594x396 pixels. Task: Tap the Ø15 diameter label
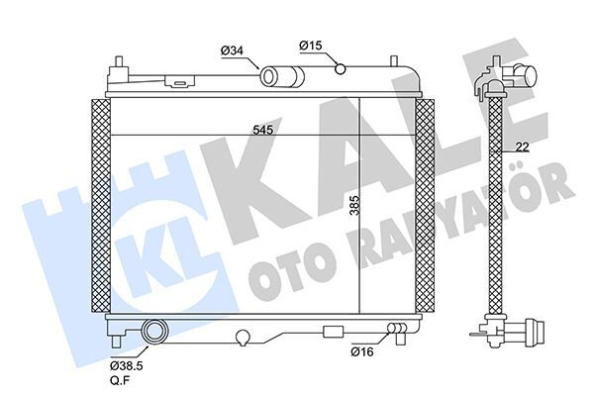click(310, 45)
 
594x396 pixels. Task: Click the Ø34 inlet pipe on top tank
click(276, 75)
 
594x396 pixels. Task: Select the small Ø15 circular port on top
click(341, 68)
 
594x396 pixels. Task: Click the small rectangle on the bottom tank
click(334, 330)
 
